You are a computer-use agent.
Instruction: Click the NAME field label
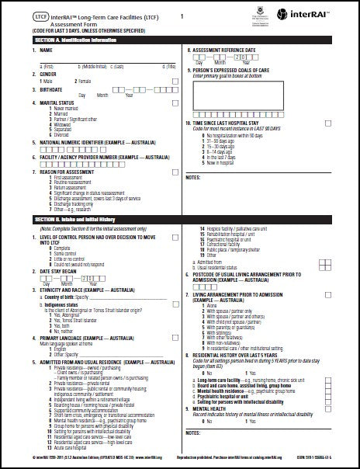(x=36, y=51)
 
